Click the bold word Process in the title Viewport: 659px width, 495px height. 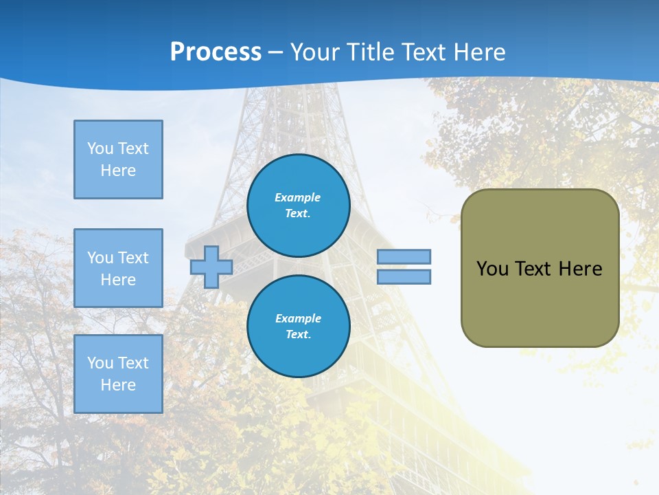tap(216, 52)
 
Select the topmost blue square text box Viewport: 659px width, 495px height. tap(118, 159)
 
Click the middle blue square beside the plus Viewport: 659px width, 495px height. tap(118, 268)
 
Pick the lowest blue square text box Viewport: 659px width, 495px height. tap(118, 374)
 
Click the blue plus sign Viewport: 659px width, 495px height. tap(211, 267)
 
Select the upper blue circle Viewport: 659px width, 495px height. tap(299, 206)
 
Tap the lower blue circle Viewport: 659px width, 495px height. tap(299, 327)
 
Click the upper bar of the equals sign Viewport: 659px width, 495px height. tap(404, 256)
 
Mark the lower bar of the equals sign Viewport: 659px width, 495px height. tap(404, 277)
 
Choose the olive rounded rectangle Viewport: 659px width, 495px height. tap(540, 268)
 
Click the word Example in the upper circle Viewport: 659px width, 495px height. tap(298, 197)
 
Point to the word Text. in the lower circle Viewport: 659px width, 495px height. tap(298, 335)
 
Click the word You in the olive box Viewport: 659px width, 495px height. tap(492, 269)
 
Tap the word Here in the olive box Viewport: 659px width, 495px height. tap(580, 269)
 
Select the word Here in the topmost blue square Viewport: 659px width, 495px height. tap(118, 170)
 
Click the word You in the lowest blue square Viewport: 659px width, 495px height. tap(100, 363)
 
